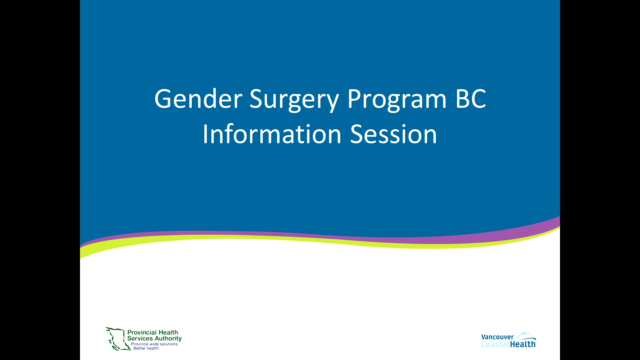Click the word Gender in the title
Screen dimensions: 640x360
pos(198,99)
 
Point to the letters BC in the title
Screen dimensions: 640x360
pos(471,99)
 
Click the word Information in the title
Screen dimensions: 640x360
pos(272,134)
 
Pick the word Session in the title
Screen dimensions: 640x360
pos(393,134)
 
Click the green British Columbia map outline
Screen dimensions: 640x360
pos(117,339)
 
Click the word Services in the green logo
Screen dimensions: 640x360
pos(140,338)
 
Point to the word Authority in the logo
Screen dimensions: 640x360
pos(168,339)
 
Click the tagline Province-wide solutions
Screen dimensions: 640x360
pos(155,344)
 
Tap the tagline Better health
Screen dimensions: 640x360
pos(147,348)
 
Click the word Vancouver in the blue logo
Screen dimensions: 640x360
pos(497,337)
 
